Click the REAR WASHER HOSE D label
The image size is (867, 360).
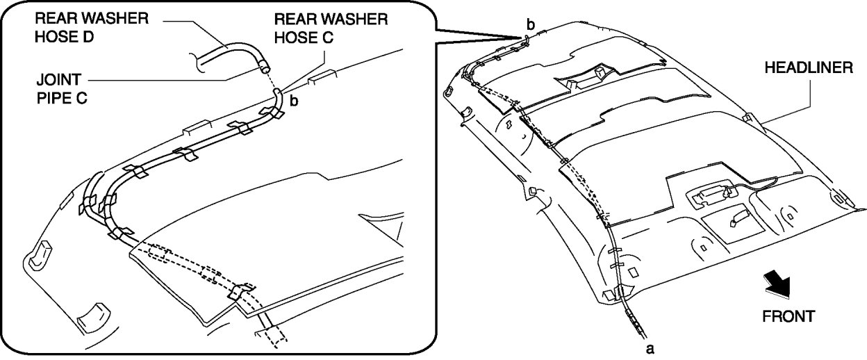point(92,28)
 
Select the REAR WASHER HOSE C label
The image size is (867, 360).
point(331,28)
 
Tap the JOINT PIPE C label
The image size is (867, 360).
point(62,89)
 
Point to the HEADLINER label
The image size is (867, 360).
point(809,67)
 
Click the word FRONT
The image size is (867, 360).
point(788,316)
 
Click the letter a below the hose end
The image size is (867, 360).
point(650,349)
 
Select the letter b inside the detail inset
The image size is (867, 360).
point(294,101)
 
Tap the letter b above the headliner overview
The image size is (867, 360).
point(531,24)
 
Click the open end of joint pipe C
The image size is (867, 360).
point(265,69)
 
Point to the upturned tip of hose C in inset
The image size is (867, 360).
point(277,91)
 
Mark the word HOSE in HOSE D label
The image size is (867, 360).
point(53,37)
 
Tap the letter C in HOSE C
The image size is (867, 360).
point(327,38)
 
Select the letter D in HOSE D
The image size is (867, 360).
point(88,37)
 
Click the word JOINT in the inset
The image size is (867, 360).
point(59,80)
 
